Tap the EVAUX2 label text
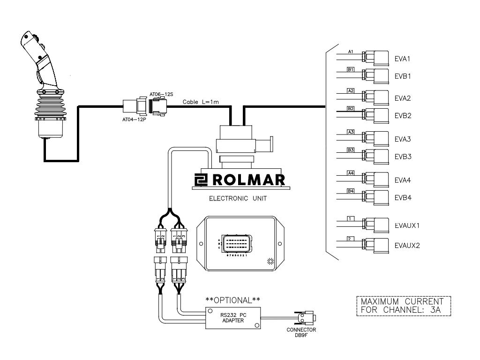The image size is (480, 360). pyautogui.click(x=407, y=245)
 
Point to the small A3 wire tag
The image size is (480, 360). pyautogui.click(x=350, y=132)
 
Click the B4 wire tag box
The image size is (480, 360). pyautogui.click(x=350, y=190)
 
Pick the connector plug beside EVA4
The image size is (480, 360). pyautogui.click(x=377, y=180)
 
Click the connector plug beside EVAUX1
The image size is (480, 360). pyautogui.click(x=377, y=225)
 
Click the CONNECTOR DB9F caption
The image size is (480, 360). pyautogui.click(x=305, y=332)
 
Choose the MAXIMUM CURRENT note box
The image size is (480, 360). pyautogui.click(x=403, y=306)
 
